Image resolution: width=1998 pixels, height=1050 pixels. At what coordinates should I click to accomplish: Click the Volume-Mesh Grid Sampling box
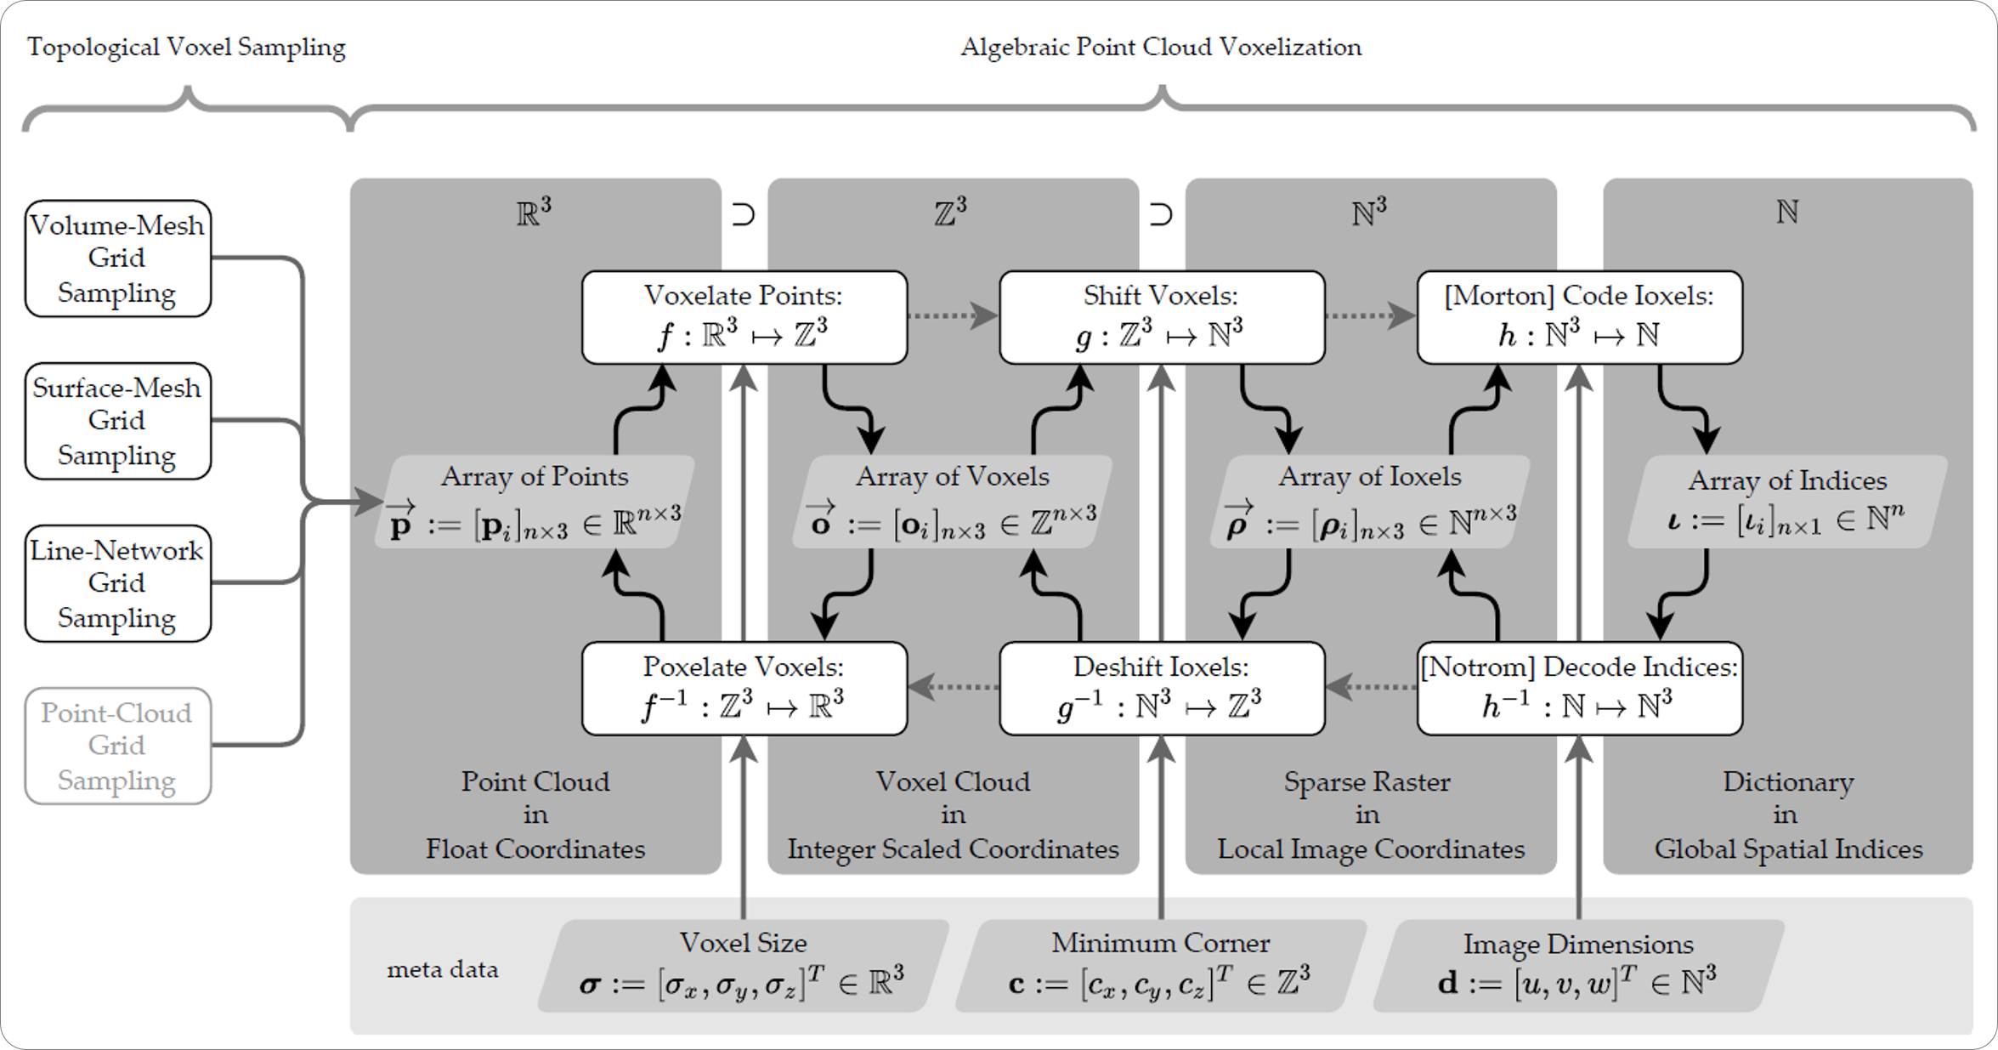coord(117,258)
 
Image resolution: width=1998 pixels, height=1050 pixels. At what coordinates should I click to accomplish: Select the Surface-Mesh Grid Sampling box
coord(117,421)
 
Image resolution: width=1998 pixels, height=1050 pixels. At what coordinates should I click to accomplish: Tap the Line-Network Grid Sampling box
coord(117,583)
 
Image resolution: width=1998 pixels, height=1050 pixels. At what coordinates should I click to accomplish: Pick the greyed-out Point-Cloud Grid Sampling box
coord(117,746)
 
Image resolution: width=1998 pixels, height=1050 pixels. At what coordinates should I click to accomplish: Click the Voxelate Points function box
coord(744,317)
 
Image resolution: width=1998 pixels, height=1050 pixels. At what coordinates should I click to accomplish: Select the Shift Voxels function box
coord(1161,317)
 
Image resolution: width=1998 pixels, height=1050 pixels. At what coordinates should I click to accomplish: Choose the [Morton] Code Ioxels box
coord(1579,317)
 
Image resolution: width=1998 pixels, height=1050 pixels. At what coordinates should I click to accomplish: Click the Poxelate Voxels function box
coord(744,688)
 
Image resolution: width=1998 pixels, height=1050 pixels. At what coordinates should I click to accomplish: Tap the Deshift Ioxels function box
coord(1161,688)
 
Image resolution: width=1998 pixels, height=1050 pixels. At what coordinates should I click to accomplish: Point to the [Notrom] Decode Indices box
coord(1579,688)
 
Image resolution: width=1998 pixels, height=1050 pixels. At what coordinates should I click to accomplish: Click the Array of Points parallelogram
coord(535,502)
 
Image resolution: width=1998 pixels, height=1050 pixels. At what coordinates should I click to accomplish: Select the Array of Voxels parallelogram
coord(952,502)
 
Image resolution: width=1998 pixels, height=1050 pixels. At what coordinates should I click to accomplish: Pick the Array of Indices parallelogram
coord(1786,502)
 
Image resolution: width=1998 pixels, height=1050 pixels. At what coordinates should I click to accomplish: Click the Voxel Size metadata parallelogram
coord(744,966)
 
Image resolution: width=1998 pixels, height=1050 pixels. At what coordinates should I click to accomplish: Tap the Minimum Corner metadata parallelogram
coord(1161,966)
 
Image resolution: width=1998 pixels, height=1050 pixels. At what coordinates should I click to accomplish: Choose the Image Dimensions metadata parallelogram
coord(1578,966)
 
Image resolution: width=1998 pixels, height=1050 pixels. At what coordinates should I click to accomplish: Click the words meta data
coord(442,970)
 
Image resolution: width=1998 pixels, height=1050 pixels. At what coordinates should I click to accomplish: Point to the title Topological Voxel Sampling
coord(186,47)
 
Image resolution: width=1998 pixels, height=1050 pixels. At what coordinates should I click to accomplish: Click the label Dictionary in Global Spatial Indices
coord(1787,814)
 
